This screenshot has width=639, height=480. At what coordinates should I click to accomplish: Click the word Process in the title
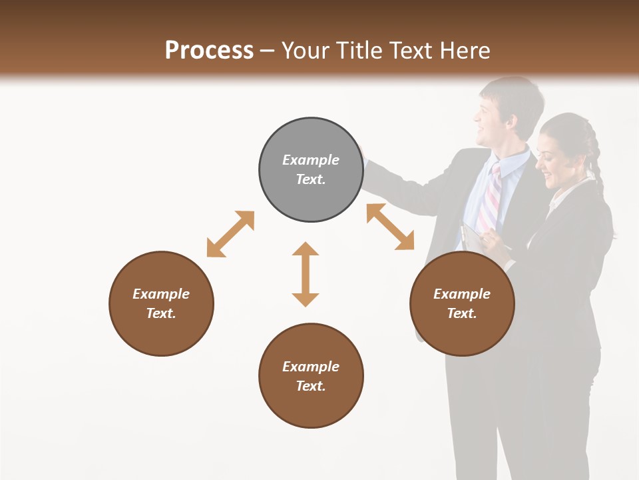click(x=209, y=51)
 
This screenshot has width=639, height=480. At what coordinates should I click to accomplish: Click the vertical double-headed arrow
click(x=306, y=274)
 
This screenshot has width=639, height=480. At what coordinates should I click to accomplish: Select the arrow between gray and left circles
click(x=230, y=234)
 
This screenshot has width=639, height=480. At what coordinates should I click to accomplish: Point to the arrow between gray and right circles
click(x=390, y=227)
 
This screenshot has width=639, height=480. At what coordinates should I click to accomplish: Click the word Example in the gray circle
click(x=311, y=160)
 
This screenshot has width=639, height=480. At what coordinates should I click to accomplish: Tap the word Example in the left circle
click(x=161, y=294)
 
